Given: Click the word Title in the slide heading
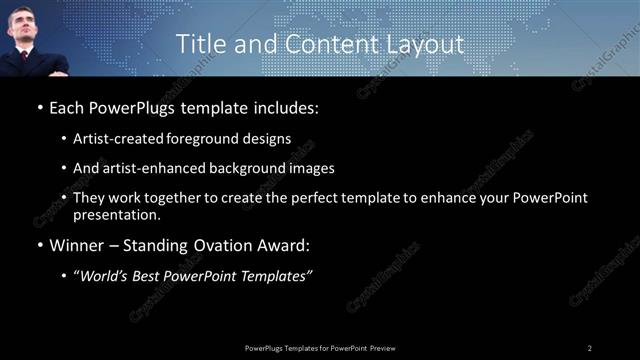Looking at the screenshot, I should pyautogui.click(x=200, y=44).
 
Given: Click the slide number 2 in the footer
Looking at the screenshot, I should pyautogui.click(x=590, y=347).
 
